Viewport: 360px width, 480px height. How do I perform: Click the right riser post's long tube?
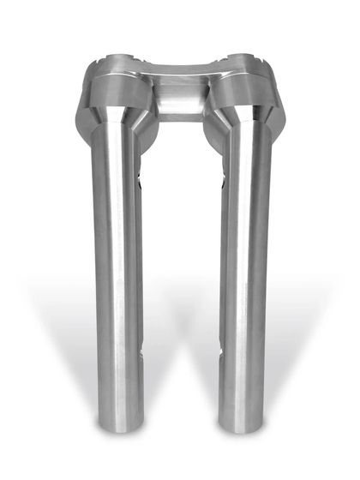(244, 283)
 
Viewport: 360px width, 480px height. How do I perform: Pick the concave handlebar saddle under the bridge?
(179, 99)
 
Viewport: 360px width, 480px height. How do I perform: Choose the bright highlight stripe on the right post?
(237, 283)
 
